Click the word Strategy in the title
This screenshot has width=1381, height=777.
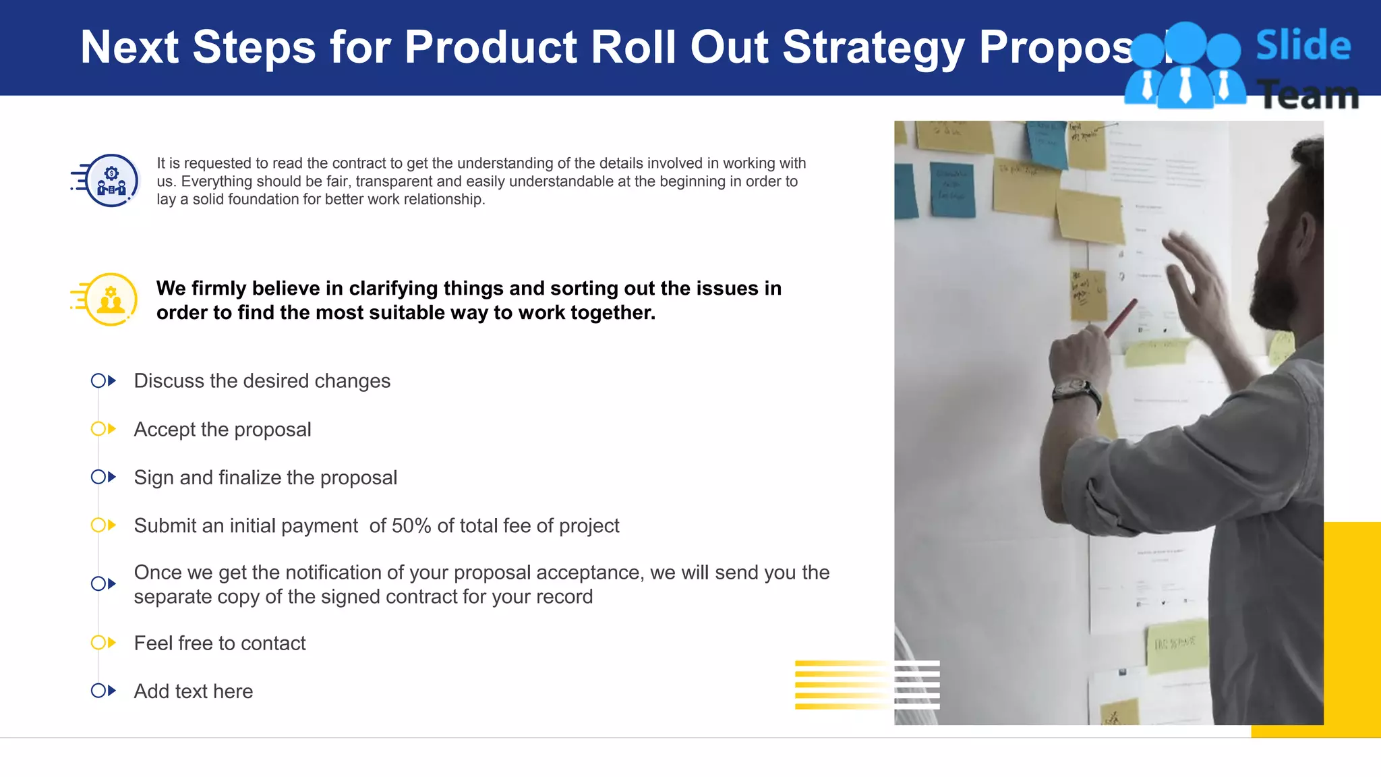[x=873, y=48]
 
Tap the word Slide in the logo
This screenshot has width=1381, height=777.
[x=1303, y=46]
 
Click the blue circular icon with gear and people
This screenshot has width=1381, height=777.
[x=111, y=181]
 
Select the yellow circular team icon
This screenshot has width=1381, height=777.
[x=111, y=299]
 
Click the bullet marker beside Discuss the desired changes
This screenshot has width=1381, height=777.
[x=103, y=381]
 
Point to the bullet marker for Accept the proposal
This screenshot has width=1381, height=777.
[x=103, y=429]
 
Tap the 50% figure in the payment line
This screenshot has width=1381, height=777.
[x=411, y=525]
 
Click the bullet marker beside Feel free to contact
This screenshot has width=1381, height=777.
[x=103, y=643]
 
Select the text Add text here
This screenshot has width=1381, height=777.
[x=194, y=691]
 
